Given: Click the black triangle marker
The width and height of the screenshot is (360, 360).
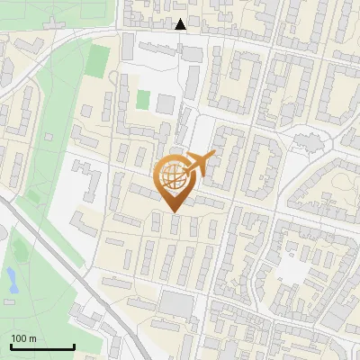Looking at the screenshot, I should tap(181, 24).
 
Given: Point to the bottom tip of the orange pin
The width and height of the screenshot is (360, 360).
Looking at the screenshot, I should tap(174, 211).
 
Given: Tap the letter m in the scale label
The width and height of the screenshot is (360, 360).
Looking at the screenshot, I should tap(33, 338).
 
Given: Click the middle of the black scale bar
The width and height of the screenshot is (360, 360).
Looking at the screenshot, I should tap(42, 346).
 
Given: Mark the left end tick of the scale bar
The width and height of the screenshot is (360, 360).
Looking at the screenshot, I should tap(11, 346).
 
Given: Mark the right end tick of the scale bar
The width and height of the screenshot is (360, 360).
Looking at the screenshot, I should tap(74, 346).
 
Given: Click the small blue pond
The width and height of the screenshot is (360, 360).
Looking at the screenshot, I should tap(13, 279).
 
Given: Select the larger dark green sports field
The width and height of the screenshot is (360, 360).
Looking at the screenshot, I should tap(97, 59).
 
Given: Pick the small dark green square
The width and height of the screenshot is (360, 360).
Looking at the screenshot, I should tap(142, 99).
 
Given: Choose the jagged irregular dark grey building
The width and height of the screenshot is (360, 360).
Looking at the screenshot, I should tap(308, 142).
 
